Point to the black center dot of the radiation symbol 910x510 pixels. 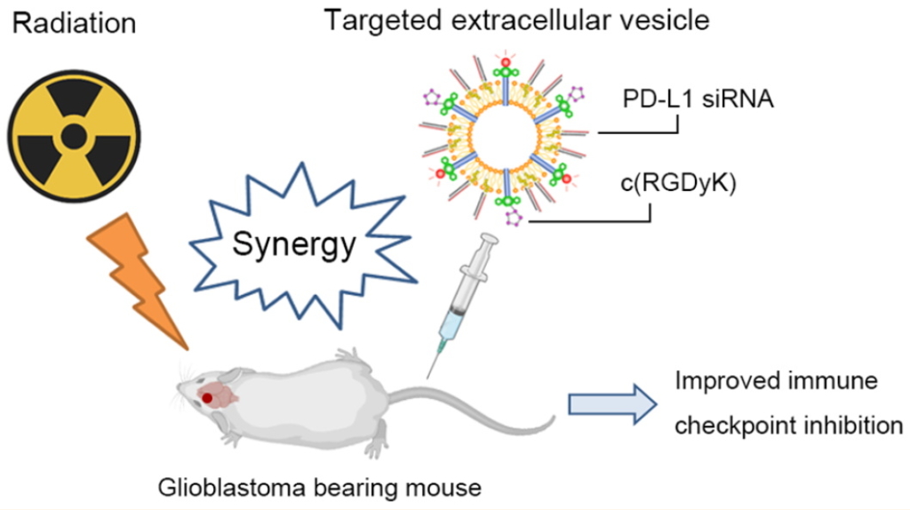(x=73, y=136)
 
